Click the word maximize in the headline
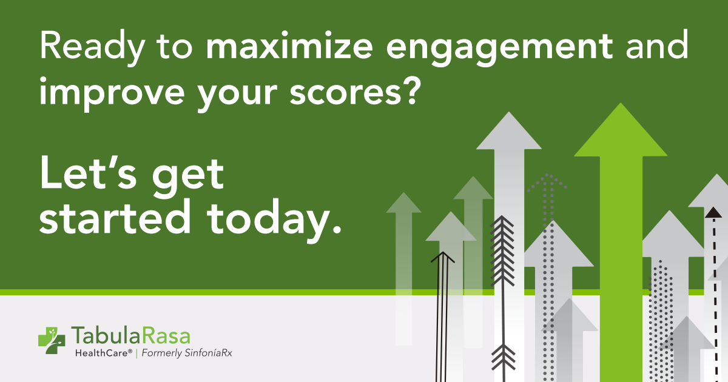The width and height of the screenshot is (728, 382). click(289, 45)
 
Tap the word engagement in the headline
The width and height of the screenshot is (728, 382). click(499, 49)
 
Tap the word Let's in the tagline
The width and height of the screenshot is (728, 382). click(88, 172)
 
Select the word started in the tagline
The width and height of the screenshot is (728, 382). click(115, 216)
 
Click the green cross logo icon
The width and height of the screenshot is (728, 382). click(52, 340)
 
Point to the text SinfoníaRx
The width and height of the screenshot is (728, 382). click(208, 353)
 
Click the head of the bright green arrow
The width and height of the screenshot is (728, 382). click(621, 130)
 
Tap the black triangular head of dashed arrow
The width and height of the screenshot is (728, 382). click(713, 212)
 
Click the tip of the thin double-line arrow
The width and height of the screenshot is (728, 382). click(443, 252)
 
